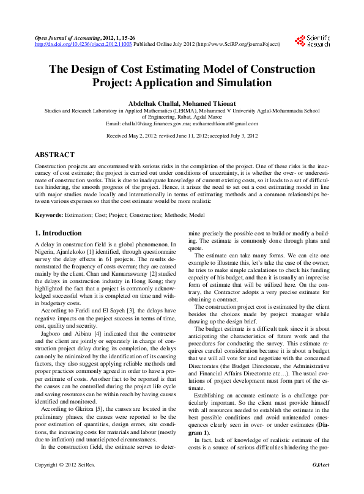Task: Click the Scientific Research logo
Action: coord(313,41)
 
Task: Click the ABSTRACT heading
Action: coord(54,155)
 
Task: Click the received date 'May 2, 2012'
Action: coord(144,135)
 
